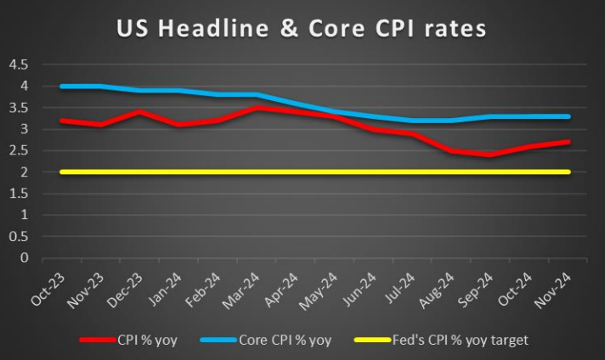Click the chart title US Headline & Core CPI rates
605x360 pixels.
click(x=302, y=28)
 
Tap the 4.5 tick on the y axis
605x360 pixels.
click(x=20, y=65)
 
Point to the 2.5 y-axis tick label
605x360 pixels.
click(x=20, y=150)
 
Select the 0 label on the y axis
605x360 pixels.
click(x=25, y=257)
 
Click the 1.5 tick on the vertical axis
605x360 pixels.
click(x=20, y=194)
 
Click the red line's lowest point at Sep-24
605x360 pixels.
click(x=488, y=155)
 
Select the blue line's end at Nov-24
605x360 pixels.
click(x=568, y=116)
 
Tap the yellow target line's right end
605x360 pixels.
click(x=568, y=172)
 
